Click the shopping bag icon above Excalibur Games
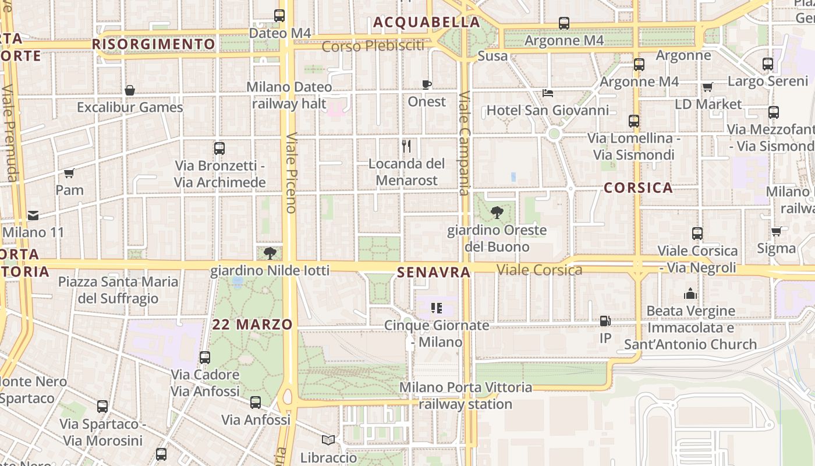[130, 90]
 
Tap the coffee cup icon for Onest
[427, 84]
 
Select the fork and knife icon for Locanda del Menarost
[406, 146]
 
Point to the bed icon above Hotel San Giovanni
[547, 93]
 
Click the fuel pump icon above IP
[605, 321]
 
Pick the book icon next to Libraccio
[328, 440]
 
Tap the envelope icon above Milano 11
[33, 216]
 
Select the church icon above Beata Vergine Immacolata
[690, 294]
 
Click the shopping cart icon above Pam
[69, 173]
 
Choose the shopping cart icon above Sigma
[776, 231]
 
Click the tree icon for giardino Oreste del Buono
[497, 213]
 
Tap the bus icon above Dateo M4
[279, 16]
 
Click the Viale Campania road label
[464, 143]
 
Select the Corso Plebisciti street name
[373, 46]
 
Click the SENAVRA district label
[434, 272]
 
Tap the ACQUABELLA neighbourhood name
[427, 22]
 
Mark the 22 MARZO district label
[252, 324]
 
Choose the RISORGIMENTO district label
[154, 44]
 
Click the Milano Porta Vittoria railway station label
[466, 396]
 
